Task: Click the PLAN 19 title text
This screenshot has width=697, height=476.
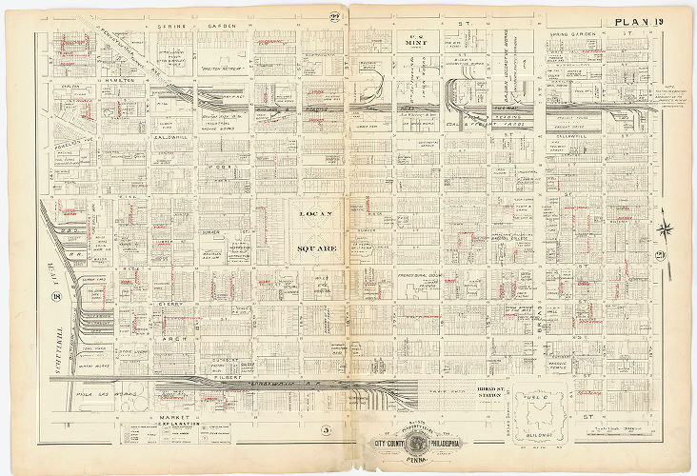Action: pos(646,21)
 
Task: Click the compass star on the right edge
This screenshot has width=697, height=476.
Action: pos(666,228)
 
